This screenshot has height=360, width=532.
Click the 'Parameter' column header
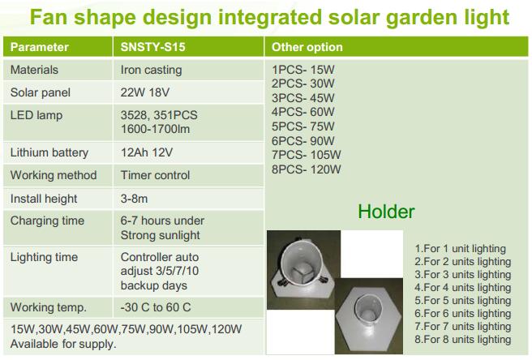(40, 47)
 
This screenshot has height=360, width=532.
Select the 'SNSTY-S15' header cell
(152, 47)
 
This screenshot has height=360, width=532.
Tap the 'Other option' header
(307, 47)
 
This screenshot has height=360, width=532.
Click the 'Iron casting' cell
(151, 71)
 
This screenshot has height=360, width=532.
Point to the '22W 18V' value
(145, 92)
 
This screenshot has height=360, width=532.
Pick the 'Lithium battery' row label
(49, 152)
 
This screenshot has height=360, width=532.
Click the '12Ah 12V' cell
(147, 152)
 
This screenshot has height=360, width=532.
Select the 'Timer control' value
(155, 175)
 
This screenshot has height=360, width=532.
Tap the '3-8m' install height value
(134, 199)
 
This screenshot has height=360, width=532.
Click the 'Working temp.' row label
(48, 308)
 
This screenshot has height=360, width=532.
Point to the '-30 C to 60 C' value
(156, 307)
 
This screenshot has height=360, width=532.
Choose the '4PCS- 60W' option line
(303, 112)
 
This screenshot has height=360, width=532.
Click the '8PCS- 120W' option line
(306, 169)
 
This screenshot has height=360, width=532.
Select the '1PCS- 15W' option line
(303, 70)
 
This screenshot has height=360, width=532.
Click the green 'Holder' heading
(386, 212)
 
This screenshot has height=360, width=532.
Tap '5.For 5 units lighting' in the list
(463, 301)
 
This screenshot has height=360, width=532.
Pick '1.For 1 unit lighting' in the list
(460, 249)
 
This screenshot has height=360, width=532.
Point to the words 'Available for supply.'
(63, 344)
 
